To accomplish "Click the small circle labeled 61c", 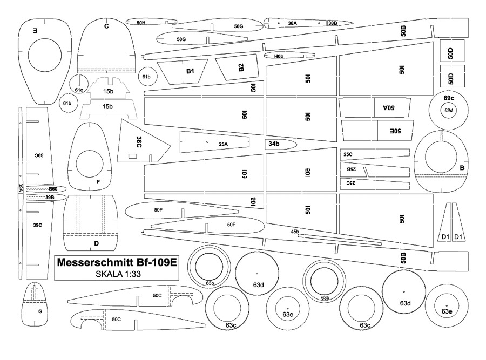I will (79, 90).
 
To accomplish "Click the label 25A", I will (223, 144).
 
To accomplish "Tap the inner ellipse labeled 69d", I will (448, 111).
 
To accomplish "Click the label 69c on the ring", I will (449, 98).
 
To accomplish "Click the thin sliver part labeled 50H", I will (140, 23).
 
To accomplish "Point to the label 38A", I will (293, 23).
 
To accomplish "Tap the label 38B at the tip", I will (332, 23).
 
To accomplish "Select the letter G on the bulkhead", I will (40, 311).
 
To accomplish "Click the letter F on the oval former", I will (98, 181).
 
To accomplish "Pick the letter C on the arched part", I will (106, 26).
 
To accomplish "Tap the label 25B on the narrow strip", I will (351, 169).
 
